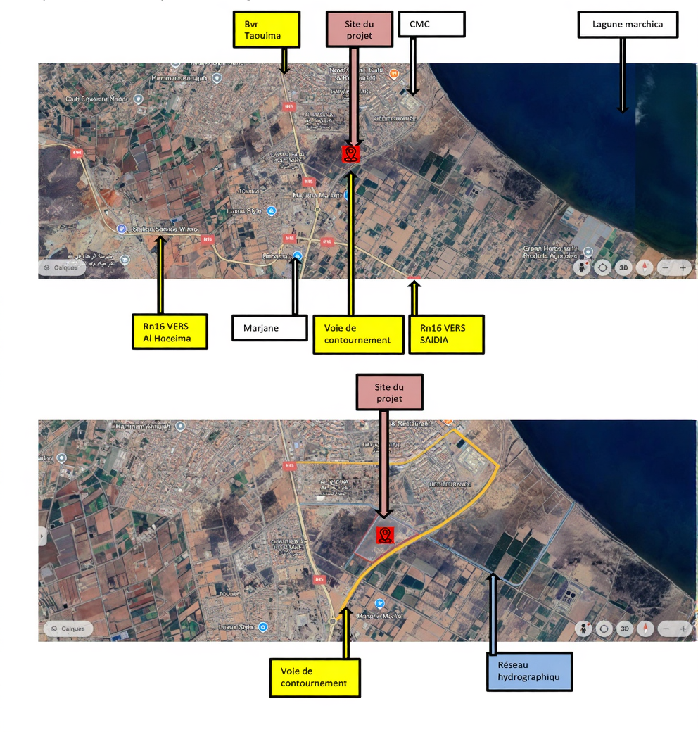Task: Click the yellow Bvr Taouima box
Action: tap(267, 29)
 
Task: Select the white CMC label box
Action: tap(431, 24)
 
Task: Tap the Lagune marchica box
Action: tap(628, 25)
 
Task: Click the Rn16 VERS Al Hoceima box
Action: tap(170, 331)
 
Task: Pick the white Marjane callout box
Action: tap(270, 327)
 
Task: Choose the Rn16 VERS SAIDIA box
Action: tap(446, 334)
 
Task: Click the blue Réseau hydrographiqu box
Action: tap(529, 671)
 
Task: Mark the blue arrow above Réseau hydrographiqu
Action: tap(494, 612)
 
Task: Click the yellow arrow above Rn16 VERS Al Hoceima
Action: tap(161, 275)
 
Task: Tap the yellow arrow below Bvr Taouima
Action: tap(284, 60)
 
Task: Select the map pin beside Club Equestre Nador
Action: tap(139, 99)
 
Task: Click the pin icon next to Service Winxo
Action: tap(121, 229)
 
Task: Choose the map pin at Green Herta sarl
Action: tap(588, 251)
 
